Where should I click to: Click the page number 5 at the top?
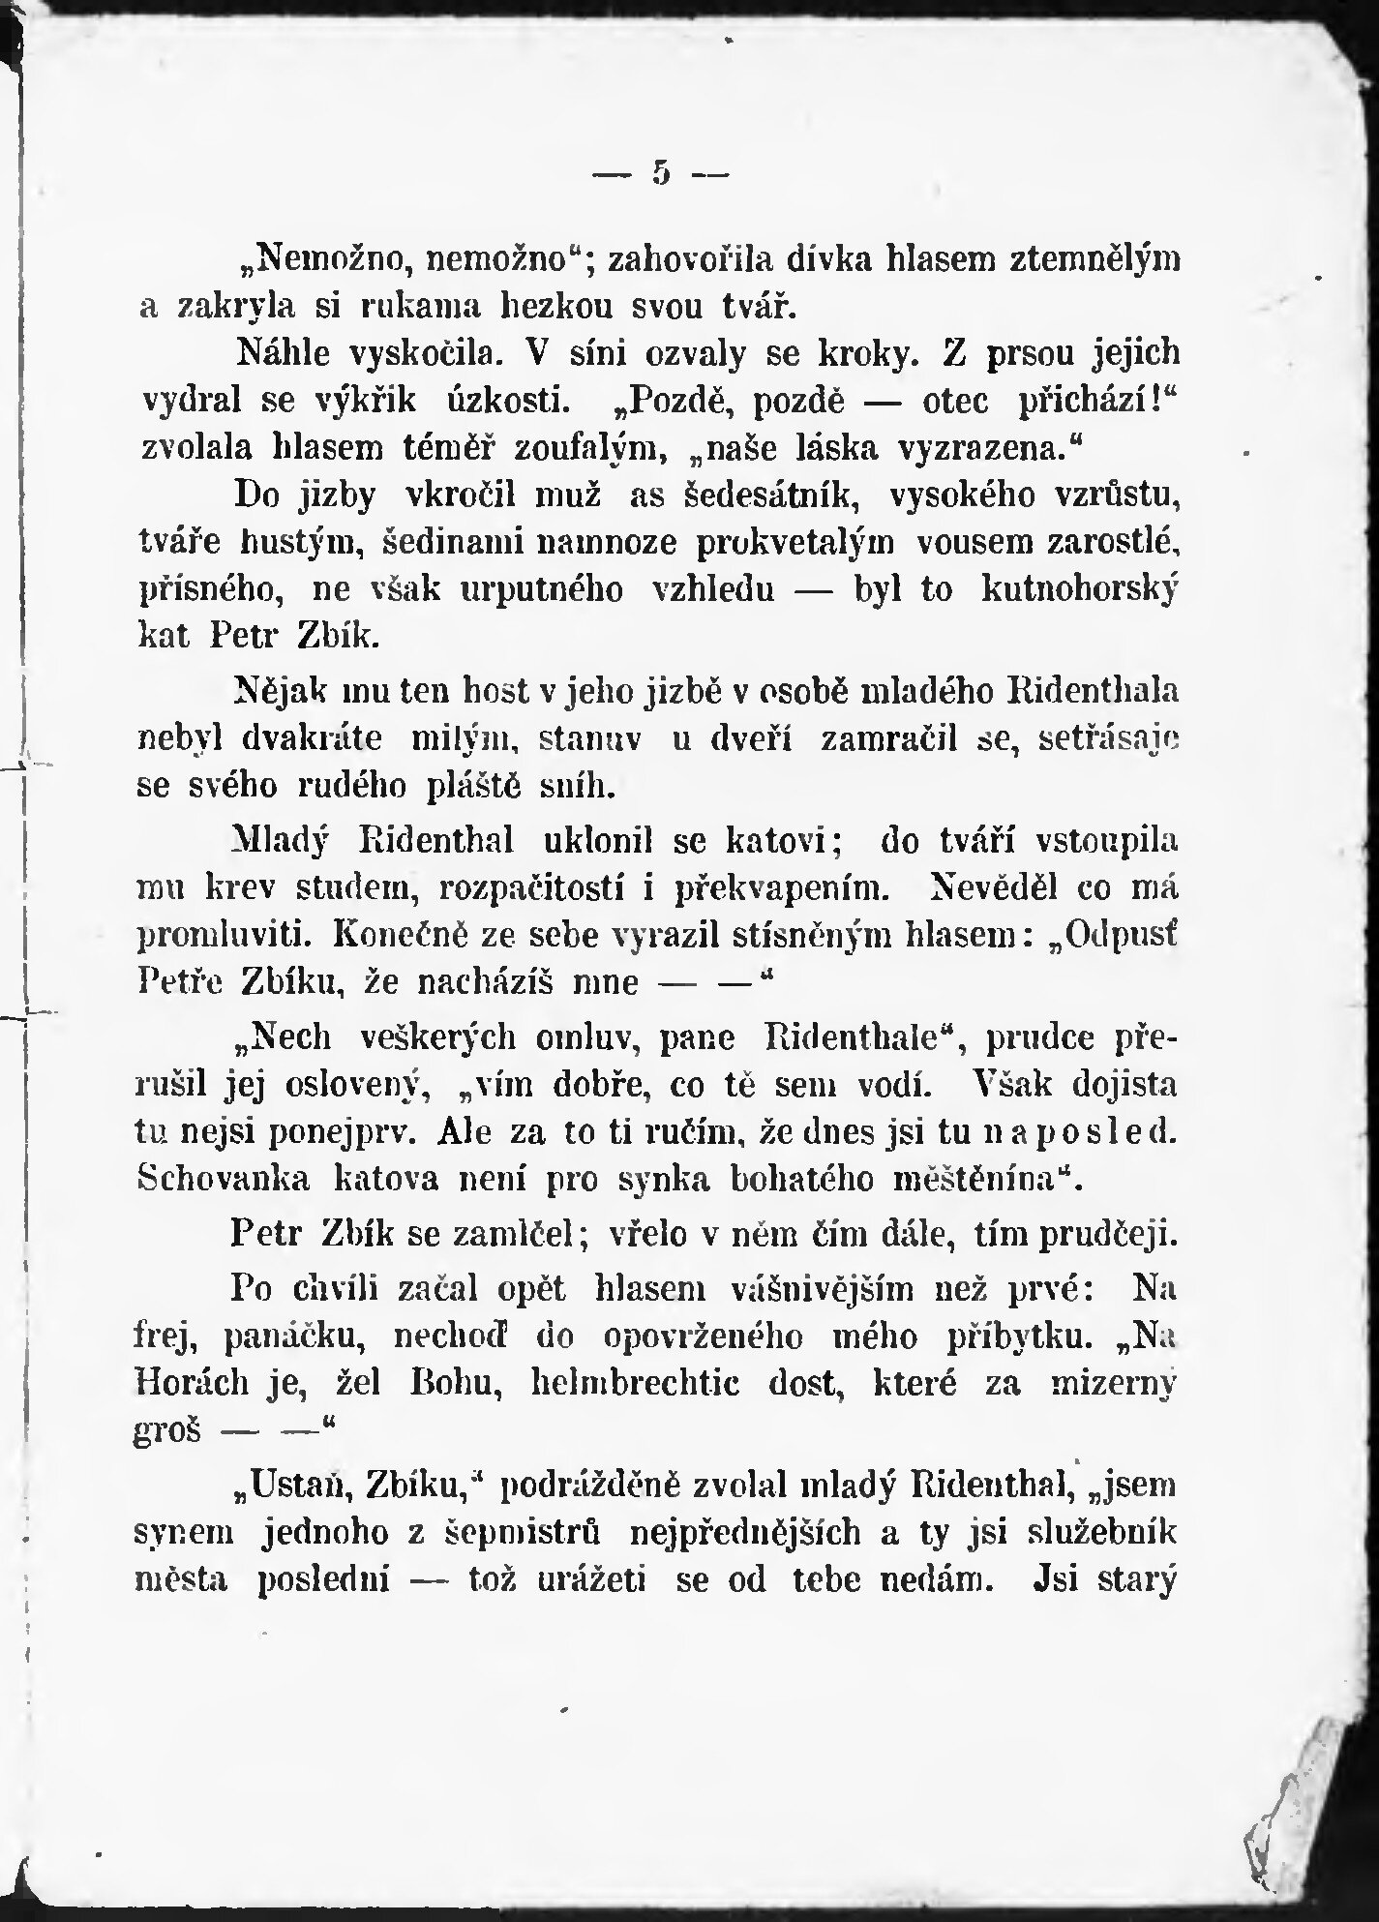pyautogui.click(x=662, y=173)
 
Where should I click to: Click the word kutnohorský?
pyautogui.click(x=1080, y=589)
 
